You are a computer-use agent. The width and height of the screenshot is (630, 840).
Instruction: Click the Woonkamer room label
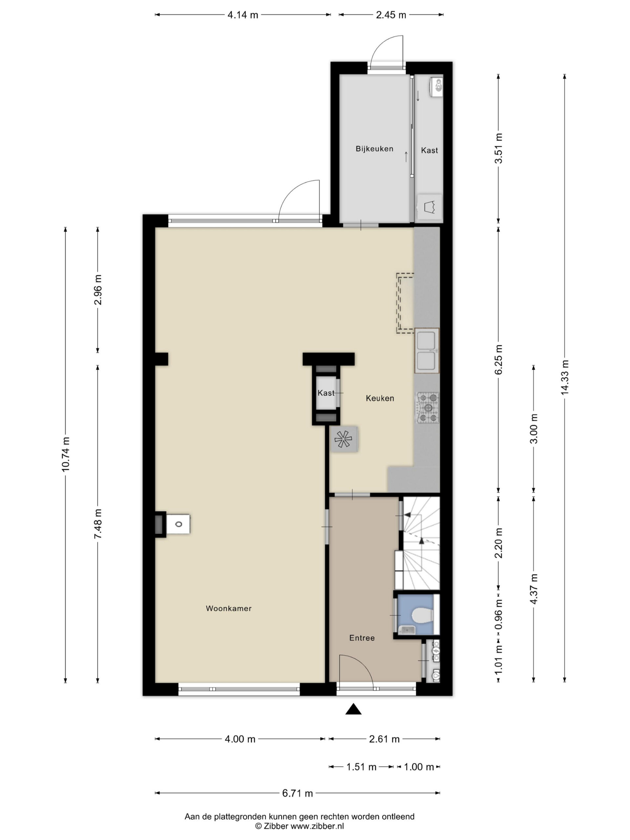pos(229,608)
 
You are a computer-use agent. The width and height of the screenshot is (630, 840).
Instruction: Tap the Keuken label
pos(380,398)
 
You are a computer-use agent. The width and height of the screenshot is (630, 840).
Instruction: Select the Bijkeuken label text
pos(374,149)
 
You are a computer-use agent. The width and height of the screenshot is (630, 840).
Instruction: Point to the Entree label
pos(362,638)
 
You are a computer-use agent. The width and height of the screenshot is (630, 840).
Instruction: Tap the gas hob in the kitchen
pos(428,408)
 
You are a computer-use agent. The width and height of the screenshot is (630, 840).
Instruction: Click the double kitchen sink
pos(427,350)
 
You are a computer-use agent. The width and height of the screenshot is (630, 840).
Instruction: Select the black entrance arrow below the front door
pos(353,709)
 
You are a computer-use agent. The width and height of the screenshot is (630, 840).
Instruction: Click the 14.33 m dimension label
pos(565,377)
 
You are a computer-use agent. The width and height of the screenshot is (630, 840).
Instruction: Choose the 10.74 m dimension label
pos(66,454)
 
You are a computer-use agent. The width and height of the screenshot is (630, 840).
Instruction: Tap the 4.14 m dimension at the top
pos(243,15)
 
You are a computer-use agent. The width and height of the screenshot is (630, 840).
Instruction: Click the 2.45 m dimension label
pos(391,15)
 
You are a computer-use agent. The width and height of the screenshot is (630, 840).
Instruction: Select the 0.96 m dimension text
pos(499,614)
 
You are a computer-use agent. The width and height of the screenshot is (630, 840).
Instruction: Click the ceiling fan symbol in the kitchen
pos(344,439)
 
